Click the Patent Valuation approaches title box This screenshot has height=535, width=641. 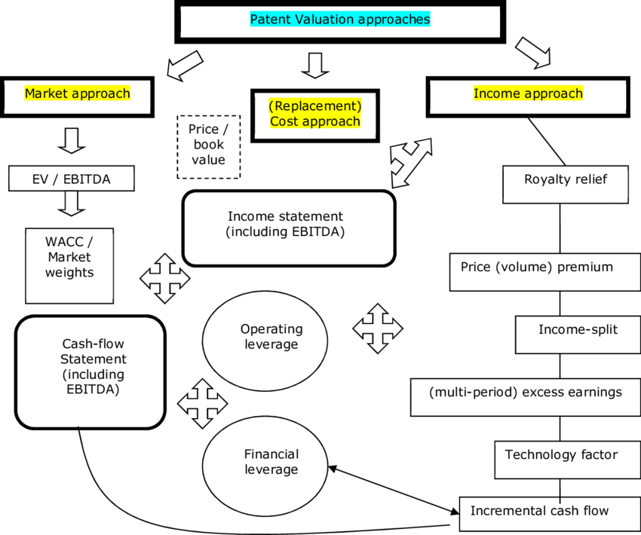pyautogui.click(x=340, y=20)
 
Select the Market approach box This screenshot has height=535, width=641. pyautogui.click(x=78, y=94)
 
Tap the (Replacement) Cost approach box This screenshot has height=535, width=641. pyautogui.click(x=315, y=114)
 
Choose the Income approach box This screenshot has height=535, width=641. pyautogui.click(x=528, y=94)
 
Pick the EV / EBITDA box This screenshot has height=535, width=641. pyautogui.click(x=72, y=179)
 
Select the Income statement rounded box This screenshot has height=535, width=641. pyautogui.click(x=288, y=227)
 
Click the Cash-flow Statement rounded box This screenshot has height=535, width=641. pyautogui.click(x=90, y=370)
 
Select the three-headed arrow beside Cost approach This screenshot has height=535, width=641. pyautogui.click(x=410, y=160)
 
